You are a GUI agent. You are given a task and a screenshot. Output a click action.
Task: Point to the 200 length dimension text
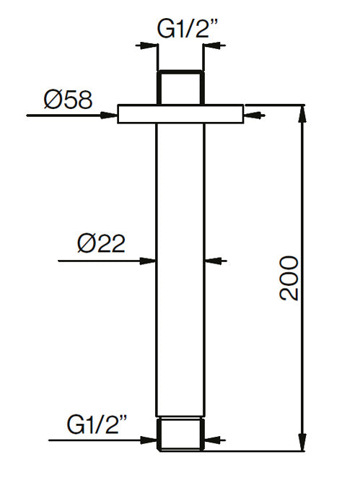tap(289, 278)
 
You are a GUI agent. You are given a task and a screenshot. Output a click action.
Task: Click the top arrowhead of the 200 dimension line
tap(301, 112)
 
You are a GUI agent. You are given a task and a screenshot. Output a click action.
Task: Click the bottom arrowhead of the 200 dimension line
tap(301, 437)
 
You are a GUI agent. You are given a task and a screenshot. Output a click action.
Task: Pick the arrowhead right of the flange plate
tap(249, 114)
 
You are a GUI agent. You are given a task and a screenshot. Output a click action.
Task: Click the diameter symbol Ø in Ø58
tap(53, 100)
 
